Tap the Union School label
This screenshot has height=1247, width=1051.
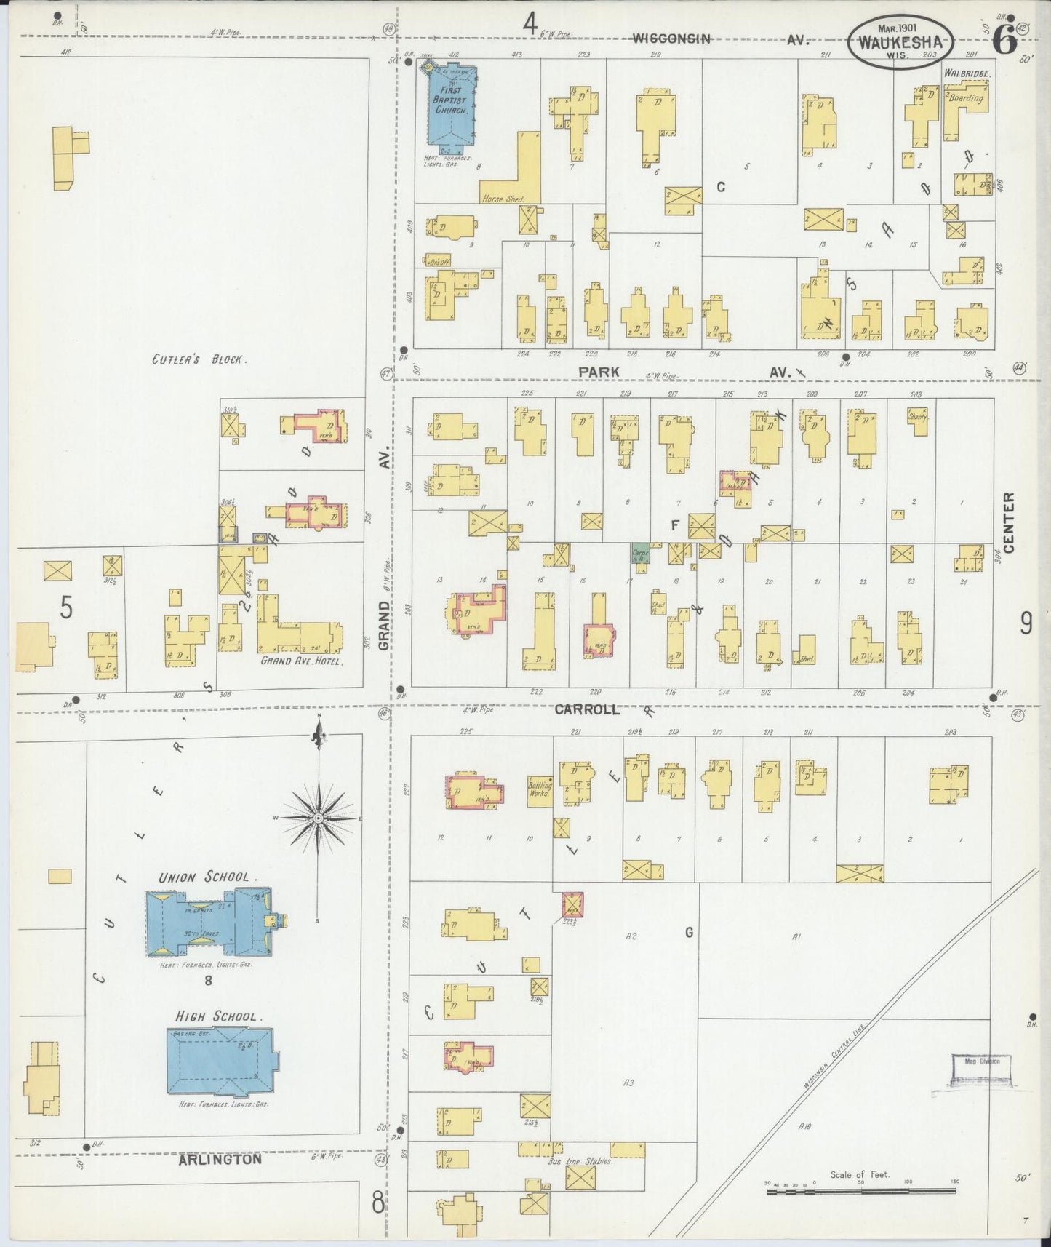(207, 877)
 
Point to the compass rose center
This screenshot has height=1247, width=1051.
(318, 819)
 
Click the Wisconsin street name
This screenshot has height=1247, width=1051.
(671, 38)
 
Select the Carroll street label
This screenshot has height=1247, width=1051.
(587, 709)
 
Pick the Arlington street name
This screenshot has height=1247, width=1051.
(220, 1160)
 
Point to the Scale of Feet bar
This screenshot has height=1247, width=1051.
(860, 1190)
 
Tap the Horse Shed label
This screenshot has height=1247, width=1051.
(501, 198)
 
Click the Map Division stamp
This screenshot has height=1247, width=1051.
(980, 1069)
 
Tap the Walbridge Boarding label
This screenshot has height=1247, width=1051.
(964, 86)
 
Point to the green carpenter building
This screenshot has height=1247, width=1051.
(640, 553)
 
